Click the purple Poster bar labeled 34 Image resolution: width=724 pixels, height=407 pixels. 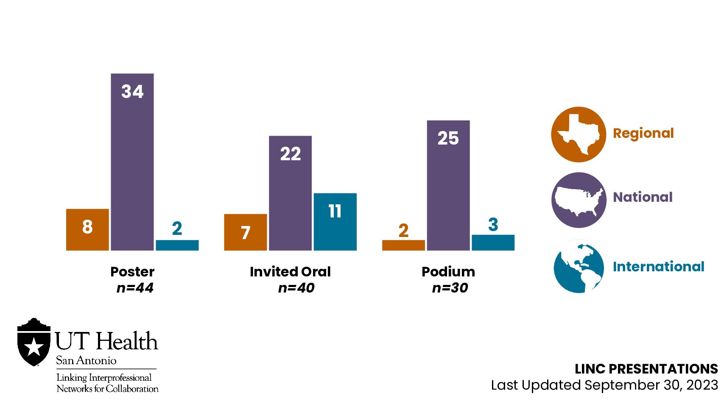(132, 170)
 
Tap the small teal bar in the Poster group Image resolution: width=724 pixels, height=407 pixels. (177, 245)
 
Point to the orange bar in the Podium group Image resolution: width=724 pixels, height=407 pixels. (403, 245)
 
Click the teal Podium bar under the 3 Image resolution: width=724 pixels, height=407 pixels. (493, 243)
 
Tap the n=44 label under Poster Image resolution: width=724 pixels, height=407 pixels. (135, 288)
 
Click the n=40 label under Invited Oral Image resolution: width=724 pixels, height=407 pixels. (296, 288)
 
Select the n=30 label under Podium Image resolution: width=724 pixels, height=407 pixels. (450, 288)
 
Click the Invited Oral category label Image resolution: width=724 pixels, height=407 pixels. (290, 271)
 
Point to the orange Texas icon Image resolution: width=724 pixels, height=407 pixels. (579, 134)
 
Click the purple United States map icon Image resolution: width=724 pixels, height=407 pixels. (579, 200)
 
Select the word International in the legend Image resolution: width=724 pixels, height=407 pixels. (658, 267)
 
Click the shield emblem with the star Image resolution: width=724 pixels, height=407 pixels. (34, 343)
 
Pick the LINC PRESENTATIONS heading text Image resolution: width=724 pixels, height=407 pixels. (646, 369)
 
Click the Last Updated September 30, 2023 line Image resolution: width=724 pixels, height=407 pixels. (604, 385)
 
